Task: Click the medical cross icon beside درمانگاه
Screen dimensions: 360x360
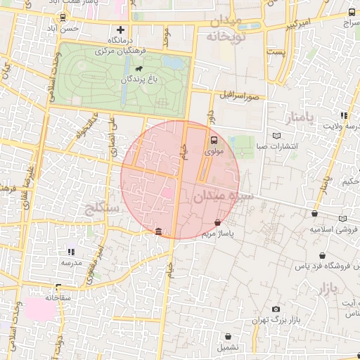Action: (x=120, y=30)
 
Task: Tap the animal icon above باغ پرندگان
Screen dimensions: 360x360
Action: (x=139, y=70)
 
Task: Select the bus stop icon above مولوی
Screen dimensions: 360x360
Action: (x=214, y=140)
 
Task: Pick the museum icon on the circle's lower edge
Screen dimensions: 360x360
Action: (x=157, y=232)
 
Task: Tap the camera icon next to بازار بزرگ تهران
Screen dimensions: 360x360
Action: (x=276, y=309)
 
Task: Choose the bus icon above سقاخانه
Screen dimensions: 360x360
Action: (x=56, y=288)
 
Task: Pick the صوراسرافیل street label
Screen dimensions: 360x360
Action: (x=238, y=94)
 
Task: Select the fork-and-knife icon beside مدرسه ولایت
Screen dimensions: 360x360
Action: (x=344, y=115)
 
